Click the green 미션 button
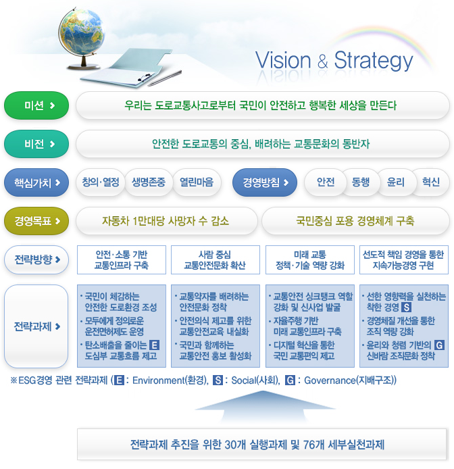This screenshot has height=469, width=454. (36, 105)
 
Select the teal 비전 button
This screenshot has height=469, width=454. (36, 144)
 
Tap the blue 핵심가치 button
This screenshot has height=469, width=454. (36, 182)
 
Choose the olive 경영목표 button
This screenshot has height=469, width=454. (36, 220)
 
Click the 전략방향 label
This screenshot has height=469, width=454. (36, 260)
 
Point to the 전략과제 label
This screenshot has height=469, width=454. (36, 326)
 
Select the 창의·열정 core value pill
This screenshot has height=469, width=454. (100, 182)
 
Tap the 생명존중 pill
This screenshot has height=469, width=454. (148, 182)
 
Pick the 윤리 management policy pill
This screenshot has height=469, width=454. (395, 182)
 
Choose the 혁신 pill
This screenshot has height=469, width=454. (430, 182)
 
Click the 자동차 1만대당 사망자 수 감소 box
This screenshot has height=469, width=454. (166, 220)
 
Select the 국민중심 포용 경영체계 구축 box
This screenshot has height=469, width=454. (355, 220)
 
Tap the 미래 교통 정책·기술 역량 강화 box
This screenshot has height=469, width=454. (309, 260)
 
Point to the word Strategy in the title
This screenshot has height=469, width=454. (373, 60)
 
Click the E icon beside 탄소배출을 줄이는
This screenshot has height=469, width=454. (154, 345)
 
